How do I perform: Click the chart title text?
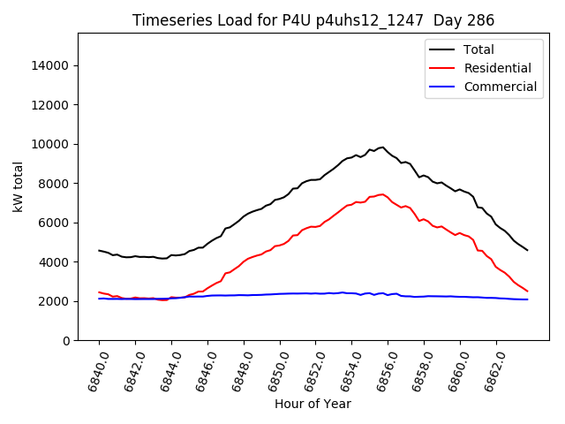coord(313,20)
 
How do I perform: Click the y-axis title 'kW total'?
coord(19,187)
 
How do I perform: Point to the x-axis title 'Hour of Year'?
coord(313,404)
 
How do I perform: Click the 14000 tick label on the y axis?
coord(51,65)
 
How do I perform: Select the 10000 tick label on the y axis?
coord(51,144)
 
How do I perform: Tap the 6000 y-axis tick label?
coord(55,223)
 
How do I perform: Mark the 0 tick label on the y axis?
coord(66,340)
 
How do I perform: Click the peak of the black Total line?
coord(383,148)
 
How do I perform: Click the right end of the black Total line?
coord(527,250)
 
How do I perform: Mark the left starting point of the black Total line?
coord(99,250)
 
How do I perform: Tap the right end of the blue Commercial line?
coord(527,299)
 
